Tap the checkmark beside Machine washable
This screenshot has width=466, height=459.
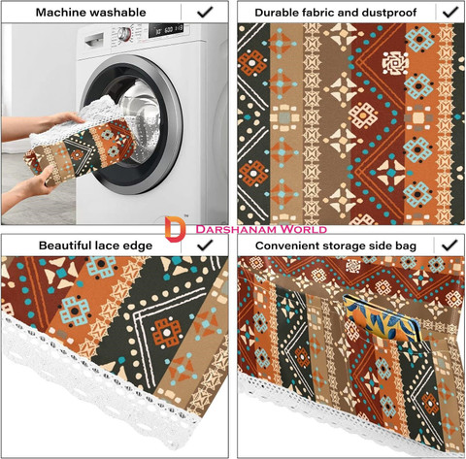205,13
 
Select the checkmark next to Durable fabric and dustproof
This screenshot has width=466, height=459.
450,13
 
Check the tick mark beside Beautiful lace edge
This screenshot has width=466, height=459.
205,246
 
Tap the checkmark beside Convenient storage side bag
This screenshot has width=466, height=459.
450,246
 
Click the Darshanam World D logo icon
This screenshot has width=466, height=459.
175,229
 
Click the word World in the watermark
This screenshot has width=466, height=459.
303,229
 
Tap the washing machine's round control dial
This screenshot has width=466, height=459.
124,34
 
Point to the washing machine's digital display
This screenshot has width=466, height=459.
166,30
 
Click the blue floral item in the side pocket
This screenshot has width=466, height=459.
382,319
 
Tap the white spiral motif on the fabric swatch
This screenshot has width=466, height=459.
395,63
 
